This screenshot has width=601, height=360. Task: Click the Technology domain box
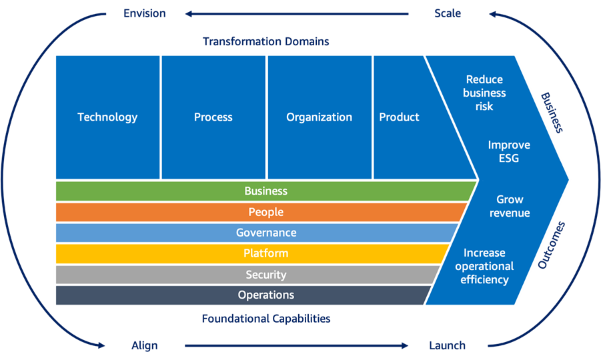tap(107, 117)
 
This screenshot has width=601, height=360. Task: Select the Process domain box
tap(213, 117)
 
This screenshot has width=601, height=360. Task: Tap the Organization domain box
tap(319, 117)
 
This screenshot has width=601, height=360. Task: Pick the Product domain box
tap(400, 117)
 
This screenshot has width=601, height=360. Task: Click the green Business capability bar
tap(265, 191)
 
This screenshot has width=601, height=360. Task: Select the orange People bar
tap(265, 212)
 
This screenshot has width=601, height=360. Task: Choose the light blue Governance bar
tap(265, 233)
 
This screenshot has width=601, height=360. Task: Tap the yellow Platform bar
tap(265, 253)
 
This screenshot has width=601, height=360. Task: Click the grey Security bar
tap(265, 275)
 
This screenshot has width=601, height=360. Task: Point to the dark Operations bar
tap(265, 295)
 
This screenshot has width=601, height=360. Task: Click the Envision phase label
tap(144, 13)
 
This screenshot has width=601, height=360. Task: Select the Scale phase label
tap(447, 13)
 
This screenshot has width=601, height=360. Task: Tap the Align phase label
tap(144, 345)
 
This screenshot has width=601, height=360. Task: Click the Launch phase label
tap(447, 345)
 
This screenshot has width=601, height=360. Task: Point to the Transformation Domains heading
tap(265, 41)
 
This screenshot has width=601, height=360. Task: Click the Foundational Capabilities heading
tap(265, 319)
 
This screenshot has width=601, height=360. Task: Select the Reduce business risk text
tap(485, 93)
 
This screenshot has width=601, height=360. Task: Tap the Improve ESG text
tap(509, 151)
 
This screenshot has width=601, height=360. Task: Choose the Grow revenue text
tap(510, 206)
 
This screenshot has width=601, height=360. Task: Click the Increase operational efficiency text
tap(485, 266)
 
